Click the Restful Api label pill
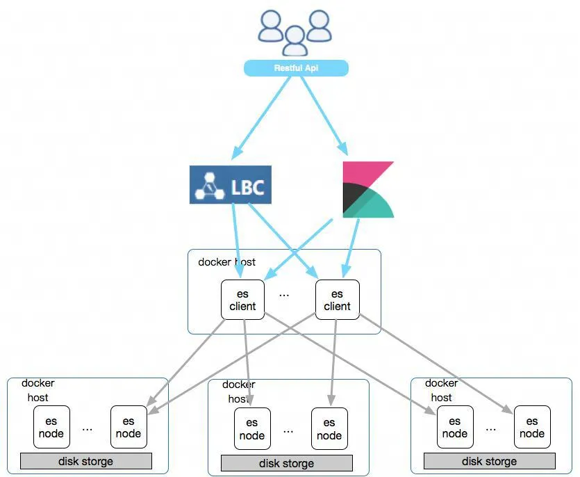click(295, 68)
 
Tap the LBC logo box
click(231, 184)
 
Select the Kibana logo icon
click(367, 189)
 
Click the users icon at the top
click(295, 32)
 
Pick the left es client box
click(242, 300)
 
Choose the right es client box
click(337, 300)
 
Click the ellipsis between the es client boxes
click(284, 295)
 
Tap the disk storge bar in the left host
click(86, 461)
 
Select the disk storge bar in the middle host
click(287, 463)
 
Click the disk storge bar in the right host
click(489, 461)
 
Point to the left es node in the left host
click(51, 427)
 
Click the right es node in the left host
click(129, 427)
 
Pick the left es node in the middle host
click(252, 429)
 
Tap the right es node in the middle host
click(329, 429)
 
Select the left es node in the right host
click(455, 427)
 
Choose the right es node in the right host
click(532, 427)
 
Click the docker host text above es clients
click(226, 262)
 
